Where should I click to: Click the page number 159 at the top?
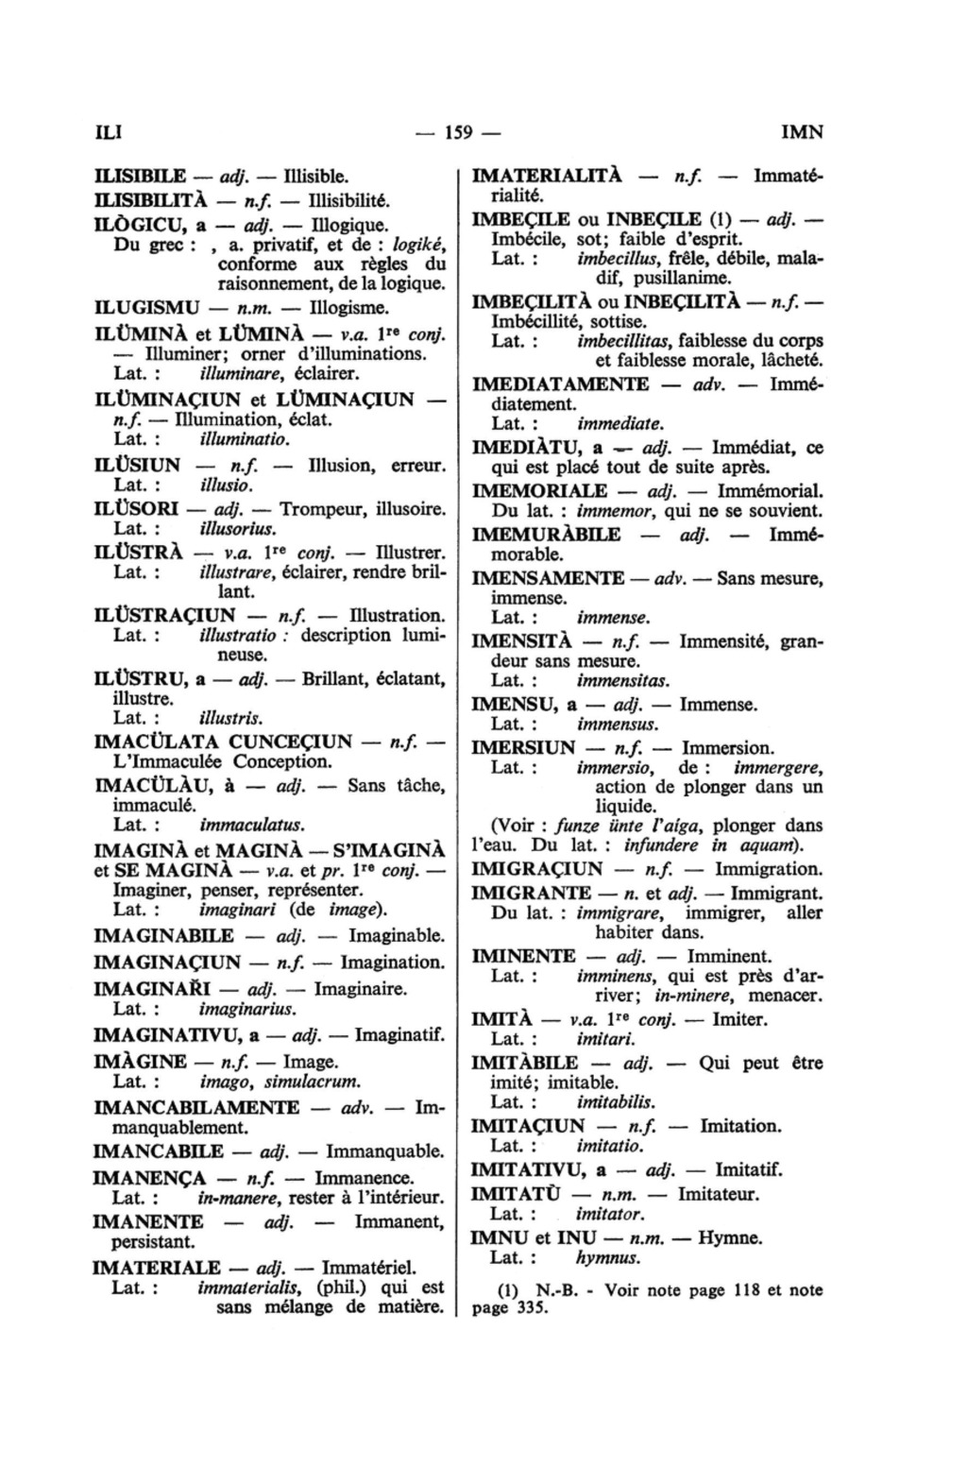coord(458,131)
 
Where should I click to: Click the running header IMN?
coord(803,131)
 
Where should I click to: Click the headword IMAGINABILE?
coord(164,936)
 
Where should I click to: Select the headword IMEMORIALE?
coord(539,491)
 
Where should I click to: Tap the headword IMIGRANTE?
coord(532,893)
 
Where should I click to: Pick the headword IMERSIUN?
coord(523,747)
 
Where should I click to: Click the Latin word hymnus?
coord(607,1258)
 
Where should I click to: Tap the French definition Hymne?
coord(730,1238)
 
